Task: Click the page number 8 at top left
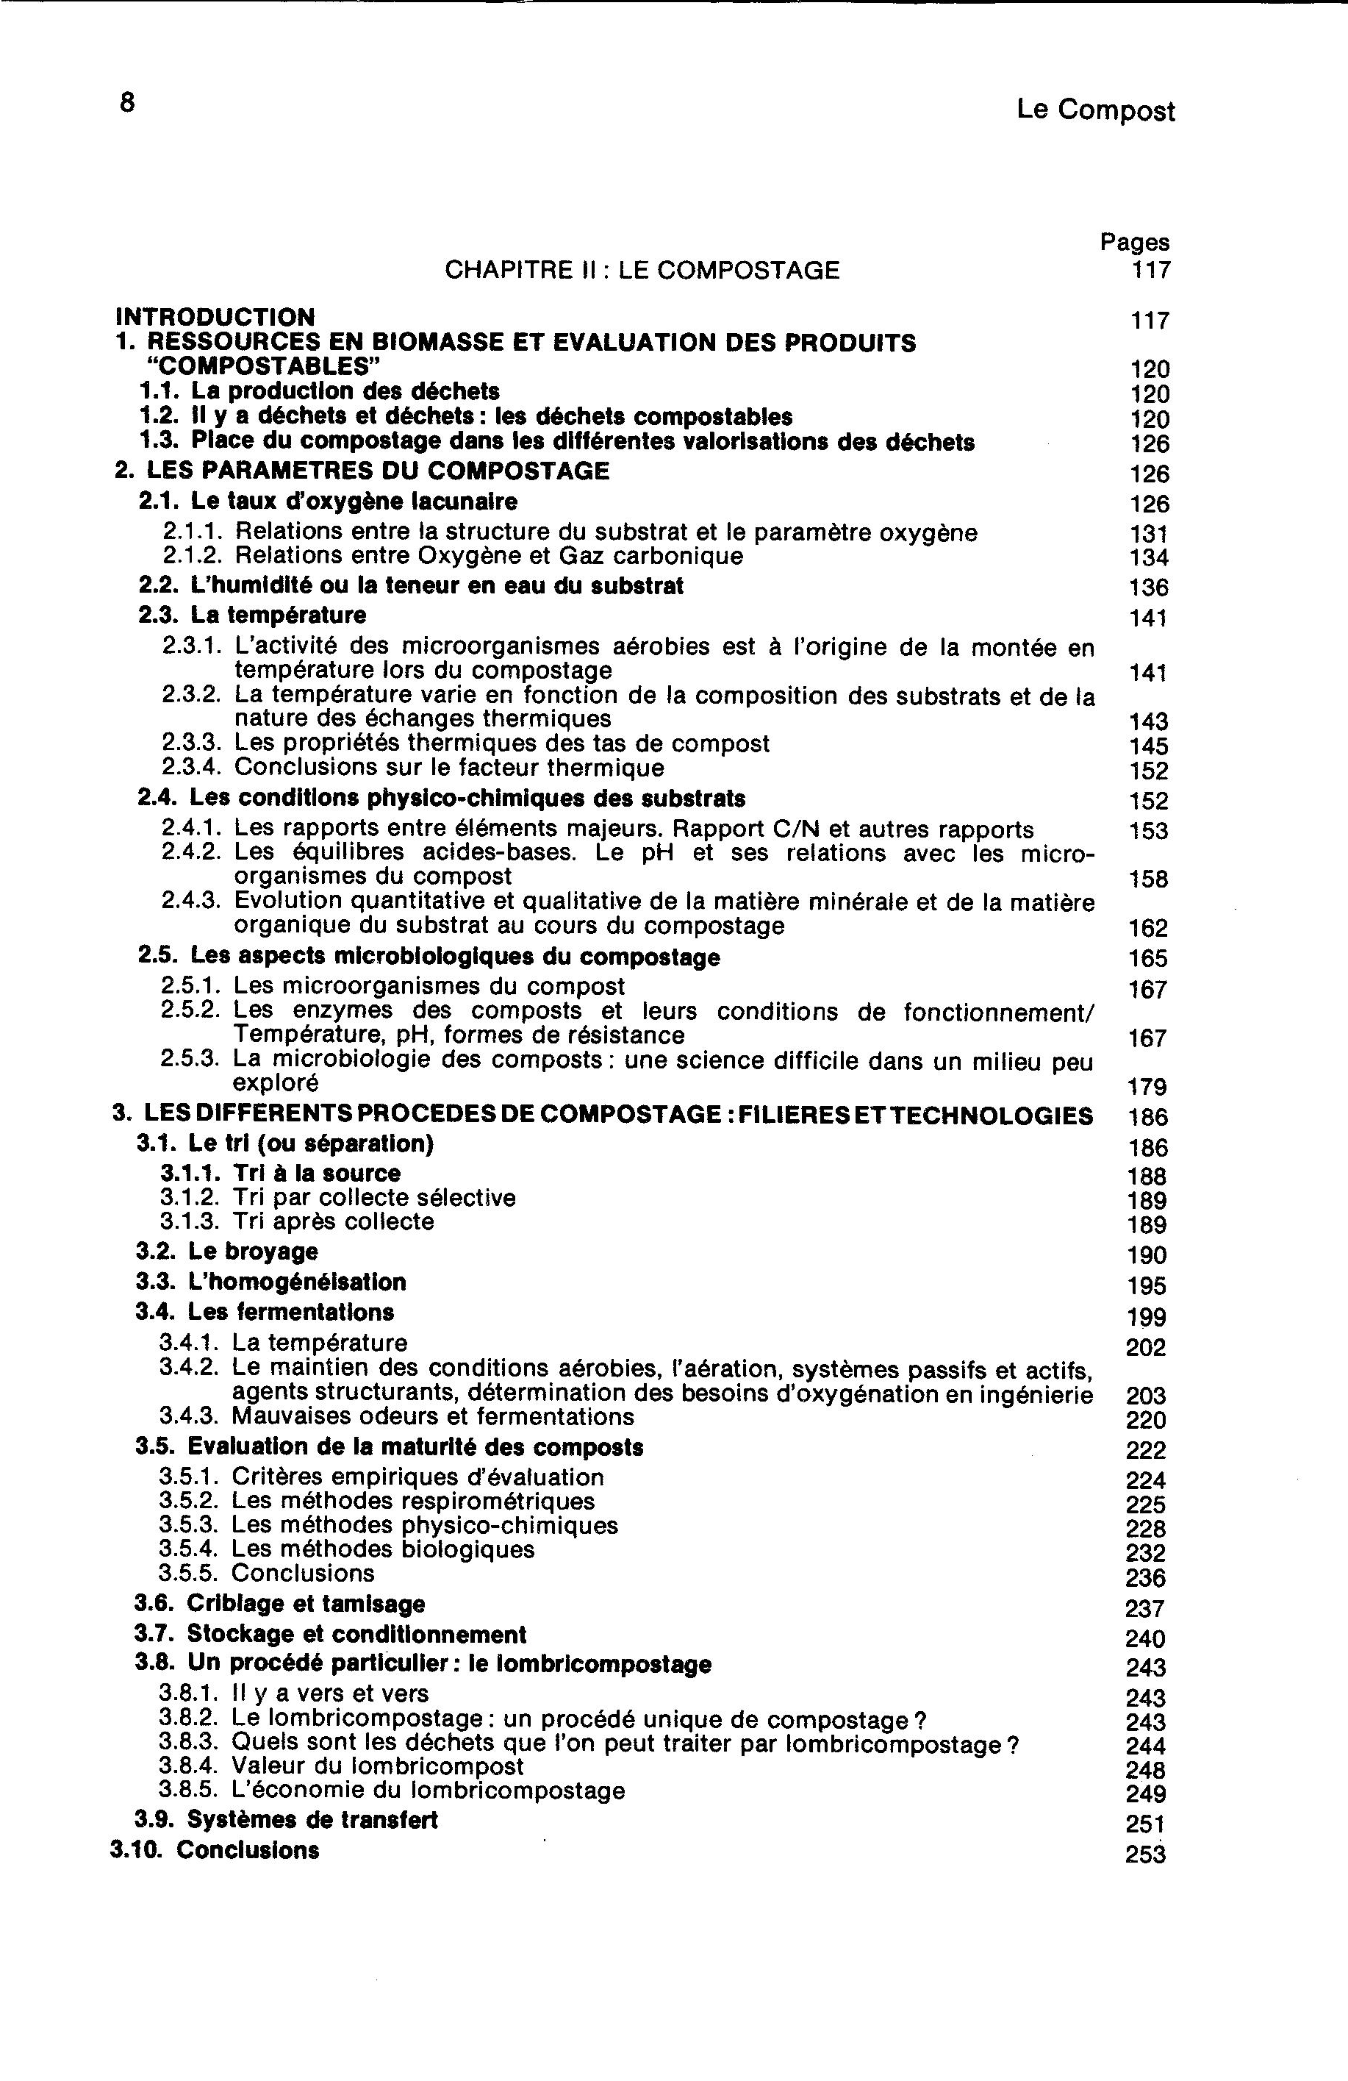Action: pyautogui.click(x=128, y=103)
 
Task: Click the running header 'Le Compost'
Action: pyautogui.click(x=1095, y=111)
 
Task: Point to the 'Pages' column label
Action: pyautogui.click(x=1134, y=242)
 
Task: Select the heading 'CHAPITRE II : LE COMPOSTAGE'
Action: pyautogui.click(x=642, y=270)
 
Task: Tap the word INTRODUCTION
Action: pyautogui.click(x=215, y=316)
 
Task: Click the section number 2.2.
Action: pyautogui.click(x=157, y=586)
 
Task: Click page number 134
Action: pyautogui.click(x=1148, y=558)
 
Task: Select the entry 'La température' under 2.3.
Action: pyautogui.click(x=278, y=615)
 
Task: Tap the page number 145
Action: pyautogui.click(x=1148, y=746)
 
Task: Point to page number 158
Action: pyautogui.click(x=1148, y=879)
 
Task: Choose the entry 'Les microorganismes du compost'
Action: pyautogui.click(x=429, y=987)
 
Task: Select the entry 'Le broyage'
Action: pyautogui.click(x=253, y=1252)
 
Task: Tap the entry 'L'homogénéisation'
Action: pyautogui.click(x=296, y=1282)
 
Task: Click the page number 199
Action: pyautogui.click(x=1146, y=1317)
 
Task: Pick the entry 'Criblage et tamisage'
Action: pyautogui.click(x=305, y=1605)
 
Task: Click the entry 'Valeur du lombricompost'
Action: pyautogui.click(x=378, y=1767)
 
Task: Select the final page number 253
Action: pyautogui.click(x=1145, y=1855)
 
